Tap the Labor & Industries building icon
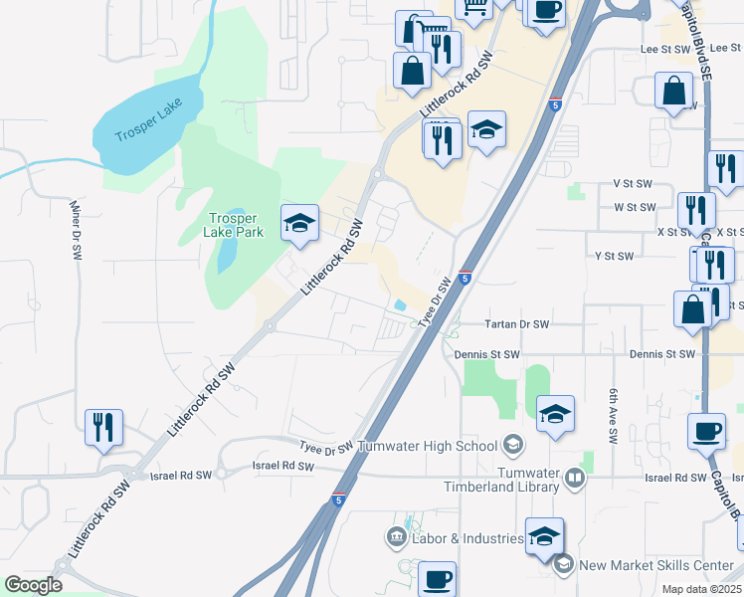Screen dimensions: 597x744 (396, 538)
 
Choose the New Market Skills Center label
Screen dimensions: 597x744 (657, 565)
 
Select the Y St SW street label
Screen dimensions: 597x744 (614, 256)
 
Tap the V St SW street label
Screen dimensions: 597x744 (632, 184)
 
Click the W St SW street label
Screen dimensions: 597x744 (635, 207)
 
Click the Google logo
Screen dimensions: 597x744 (33, 585)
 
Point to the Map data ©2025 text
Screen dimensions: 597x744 (701, 589)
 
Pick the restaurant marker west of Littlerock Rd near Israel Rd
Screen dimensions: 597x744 (104, 427)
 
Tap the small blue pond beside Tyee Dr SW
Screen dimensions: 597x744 (400, 304)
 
